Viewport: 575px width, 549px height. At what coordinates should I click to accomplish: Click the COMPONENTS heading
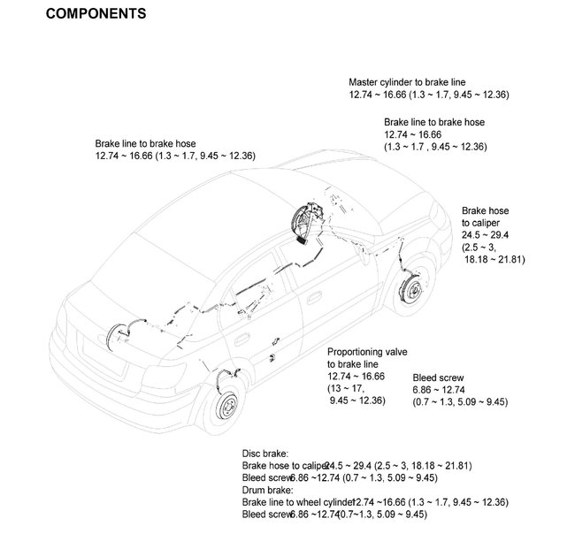point(96,14)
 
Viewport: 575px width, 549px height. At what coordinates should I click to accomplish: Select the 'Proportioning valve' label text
point(367,351)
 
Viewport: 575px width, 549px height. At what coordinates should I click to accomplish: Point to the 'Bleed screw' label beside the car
point(438,377)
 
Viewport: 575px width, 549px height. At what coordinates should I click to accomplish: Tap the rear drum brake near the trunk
point(111,340)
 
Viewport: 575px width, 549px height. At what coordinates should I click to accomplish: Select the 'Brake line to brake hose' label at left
point(145,143)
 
